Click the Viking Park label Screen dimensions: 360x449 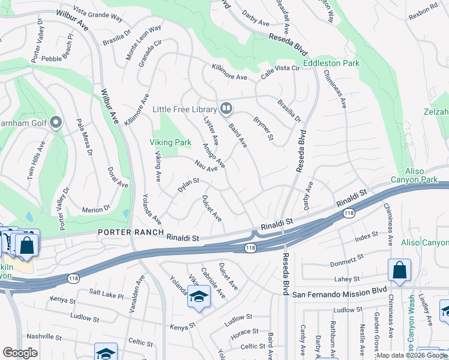click(x=170, y=142)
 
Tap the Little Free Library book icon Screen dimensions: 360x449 click(x=226, y=109)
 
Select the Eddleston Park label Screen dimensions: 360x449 click(x=331, y=62)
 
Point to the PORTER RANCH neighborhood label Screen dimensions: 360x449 click(x=131, y=232)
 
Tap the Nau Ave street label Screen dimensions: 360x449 click(x=206, y=166)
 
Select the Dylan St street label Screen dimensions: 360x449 click(x=188, y=185)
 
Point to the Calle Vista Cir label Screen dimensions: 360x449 click(x=280, y=72)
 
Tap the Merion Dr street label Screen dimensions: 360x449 click(x=97, y=209)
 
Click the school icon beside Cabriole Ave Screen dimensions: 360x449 click(x=199, y=296)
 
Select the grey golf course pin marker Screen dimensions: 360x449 click(x=56, y=123)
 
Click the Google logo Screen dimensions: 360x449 click(x=20, y=353)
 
